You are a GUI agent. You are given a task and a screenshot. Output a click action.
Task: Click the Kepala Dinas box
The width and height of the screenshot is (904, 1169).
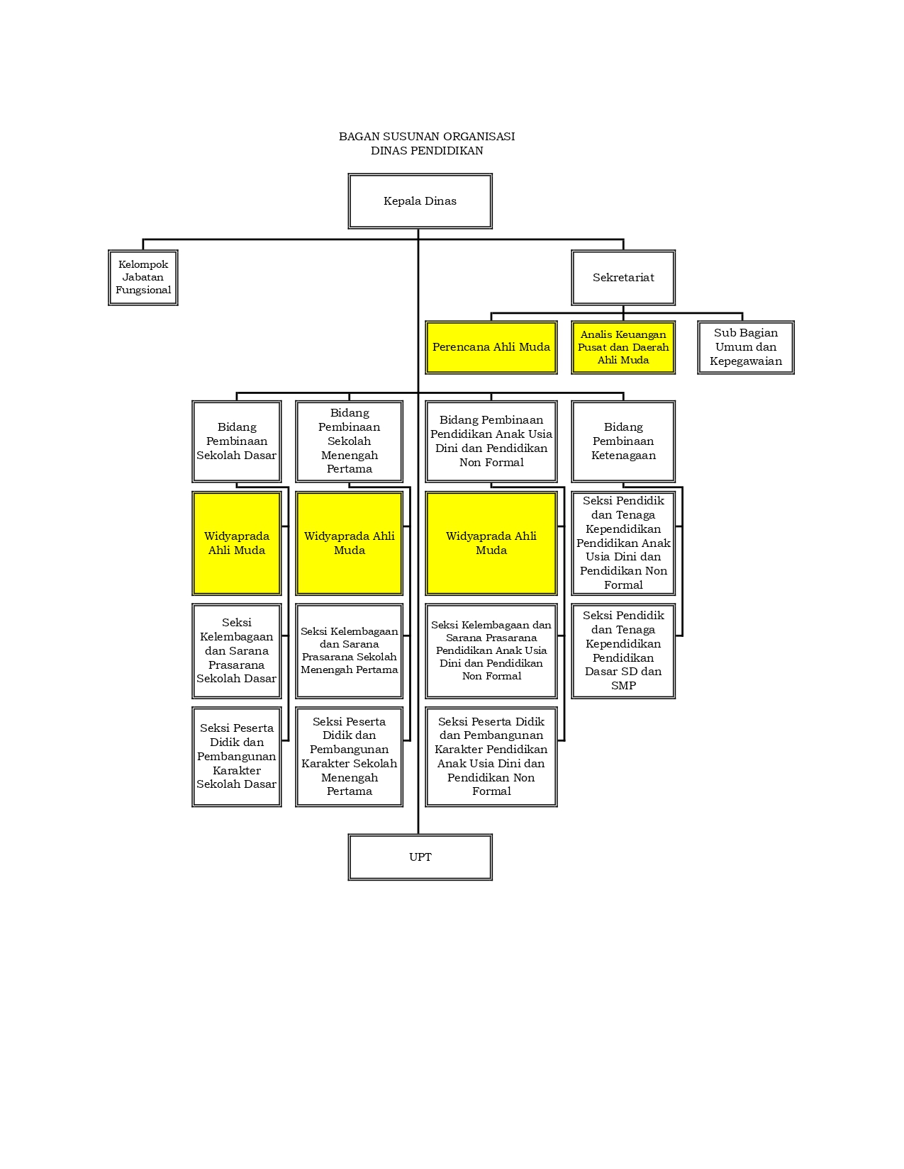point(420,201)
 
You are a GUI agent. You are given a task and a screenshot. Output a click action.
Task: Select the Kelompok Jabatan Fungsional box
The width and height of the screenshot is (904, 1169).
point(143,278)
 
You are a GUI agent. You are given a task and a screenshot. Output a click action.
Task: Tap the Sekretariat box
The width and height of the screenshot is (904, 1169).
point(623,278)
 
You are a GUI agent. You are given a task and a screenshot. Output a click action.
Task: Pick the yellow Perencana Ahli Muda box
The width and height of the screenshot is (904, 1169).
point(491,347)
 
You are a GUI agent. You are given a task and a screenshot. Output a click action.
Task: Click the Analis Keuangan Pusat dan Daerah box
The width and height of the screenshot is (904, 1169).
point(623,347)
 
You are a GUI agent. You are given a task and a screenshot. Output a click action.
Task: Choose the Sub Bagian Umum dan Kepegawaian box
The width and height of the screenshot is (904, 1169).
point(746,347)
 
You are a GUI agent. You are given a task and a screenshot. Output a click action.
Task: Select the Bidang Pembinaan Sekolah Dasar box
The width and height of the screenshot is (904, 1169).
point(237,441)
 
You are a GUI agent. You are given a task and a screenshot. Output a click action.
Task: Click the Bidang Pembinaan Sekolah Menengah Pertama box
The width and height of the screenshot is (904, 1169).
point(350,441)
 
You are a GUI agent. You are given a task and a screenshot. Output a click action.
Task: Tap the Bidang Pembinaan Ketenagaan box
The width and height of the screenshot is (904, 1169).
point(623,441)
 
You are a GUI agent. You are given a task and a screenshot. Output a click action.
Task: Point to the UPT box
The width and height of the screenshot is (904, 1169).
point(420,857)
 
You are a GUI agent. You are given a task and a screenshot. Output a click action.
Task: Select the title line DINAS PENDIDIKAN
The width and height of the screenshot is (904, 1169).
point(427,151)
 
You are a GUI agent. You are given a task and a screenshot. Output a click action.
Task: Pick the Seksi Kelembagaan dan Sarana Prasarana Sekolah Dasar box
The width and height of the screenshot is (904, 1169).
point(237,651)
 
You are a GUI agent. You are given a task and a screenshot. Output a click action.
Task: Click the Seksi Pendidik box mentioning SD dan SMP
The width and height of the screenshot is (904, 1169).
point(623,651)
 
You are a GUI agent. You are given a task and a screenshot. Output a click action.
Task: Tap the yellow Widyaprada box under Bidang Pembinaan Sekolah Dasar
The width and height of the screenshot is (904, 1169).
point(237,543)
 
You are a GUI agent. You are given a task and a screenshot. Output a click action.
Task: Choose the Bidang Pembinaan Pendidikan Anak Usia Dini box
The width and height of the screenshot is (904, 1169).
point(491,441)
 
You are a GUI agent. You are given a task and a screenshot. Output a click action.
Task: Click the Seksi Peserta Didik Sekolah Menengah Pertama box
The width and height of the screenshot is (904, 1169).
point(350,757)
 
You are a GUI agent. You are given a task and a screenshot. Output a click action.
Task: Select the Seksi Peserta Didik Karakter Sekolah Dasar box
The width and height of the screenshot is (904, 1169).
point(237,757)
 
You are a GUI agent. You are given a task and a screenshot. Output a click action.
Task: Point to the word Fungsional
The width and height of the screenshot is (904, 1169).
point(143,290)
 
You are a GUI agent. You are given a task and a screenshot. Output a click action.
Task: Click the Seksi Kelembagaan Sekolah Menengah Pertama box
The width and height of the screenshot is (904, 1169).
point(350,651)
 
